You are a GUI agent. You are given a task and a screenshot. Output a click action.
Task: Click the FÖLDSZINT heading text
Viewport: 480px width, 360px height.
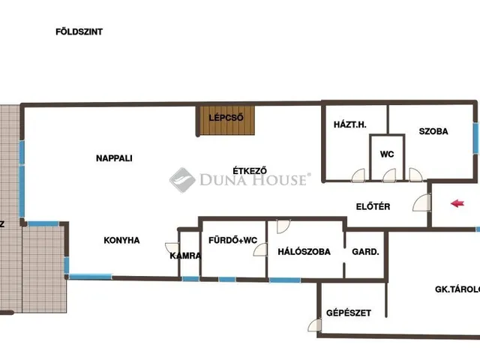coord(79,31)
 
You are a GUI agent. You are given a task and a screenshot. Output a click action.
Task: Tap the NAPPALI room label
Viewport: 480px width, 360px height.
coord(114,158)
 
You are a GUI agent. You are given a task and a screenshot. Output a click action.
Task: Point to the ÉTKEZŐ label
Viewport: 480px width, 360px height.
coord(250,170)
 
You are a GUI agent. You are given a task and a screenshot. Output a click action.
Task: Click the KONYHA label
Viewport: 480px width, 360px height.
coord(121,240)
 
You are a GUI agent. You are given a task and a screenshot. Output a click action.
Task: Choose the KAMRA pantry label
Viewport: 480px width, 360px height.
coord(185,256)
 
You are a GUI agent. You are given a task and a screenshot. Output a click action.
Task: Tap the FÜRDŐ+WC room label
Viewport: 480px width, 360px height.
coord(232,240)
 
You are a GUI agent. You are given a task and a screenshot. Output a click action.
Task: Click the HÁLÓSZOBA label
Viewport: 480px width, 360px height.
coord(304,252)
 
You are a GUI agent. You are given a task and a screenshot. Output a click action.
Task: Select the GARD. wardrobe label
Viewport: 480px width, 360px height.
coord(365,252)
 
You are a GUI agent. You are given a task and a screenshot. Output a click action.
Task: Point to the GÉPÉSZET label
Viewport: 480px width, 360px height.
coord(348,313)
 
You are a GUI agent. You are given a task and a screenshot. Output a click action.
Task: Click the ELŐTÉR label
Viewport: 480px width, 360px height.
coord(373,207)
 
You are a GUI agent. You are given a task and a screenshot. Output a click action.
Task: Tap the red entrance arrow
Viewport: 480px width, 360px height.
coord(457,203)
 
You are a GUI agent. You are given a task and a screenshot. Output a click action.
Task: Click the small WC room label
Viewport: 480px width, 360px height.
coord(387,154)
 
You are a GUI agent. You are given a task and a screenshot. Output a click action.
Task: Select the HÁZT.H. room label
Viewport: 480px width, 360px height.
coord(350,125)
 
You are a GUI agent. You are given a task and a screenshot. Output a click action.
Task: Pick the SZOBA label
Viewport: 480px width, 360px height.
coord(433,131)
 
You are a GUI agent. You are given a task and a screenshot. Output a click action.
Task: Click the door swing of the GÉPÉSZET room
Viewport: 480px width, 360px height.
coord(315,325)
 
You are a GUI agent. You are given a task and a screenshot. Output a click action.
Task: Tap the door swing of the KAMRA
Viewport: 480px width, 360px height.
coord(172,247)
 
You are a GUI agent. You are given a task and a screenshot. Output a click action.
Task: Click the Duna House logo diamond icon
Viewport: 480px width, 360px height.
coord(182,180)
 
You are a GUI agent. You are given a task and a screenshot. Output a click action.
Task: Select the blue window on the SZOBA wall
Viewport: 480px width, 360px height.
coord(475,138)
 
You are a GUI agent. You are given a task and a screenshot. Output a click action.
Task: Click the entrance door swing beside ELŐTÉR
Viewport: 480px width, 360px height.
coord(421,202)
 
